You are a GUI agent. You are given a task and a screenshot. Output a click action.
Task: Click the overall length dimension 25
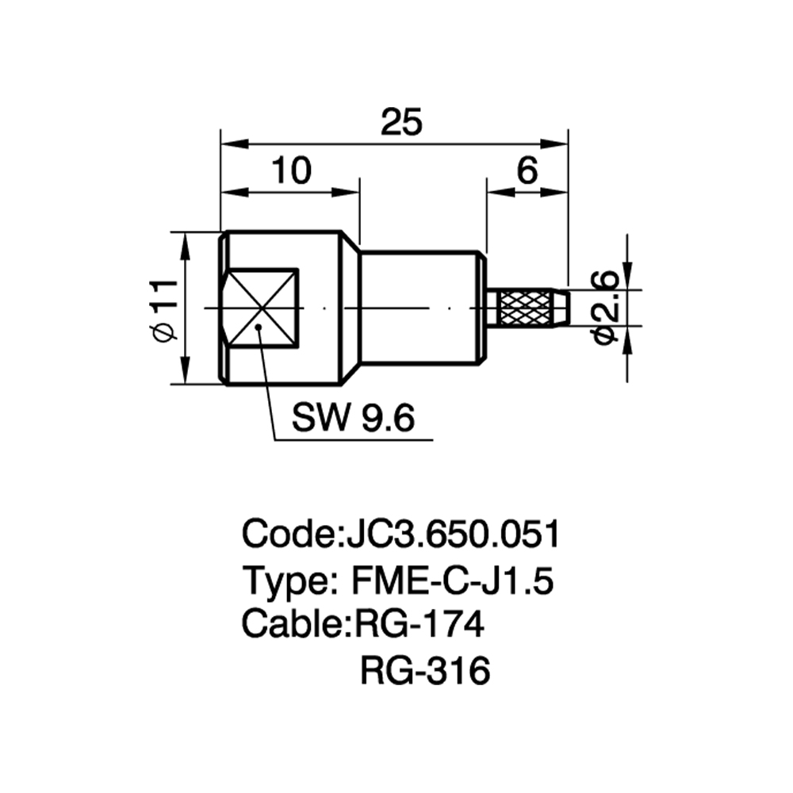401,122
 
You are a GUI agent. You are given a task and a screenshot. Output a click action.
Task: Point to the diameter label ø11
164,309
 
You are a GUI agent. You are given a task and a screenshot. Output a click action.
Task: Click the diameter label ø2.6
605,308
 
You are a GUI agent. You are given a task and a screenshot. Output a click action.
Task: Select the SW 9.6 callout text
353,418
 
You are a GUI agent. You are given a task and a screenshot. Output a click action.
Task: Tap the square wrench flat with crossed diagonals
262,308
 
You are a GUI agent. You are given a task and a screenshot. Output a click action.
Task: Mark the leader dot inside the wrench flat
259,327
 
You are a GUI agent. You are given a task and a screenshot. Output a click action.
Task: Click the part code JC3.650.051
453,534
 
